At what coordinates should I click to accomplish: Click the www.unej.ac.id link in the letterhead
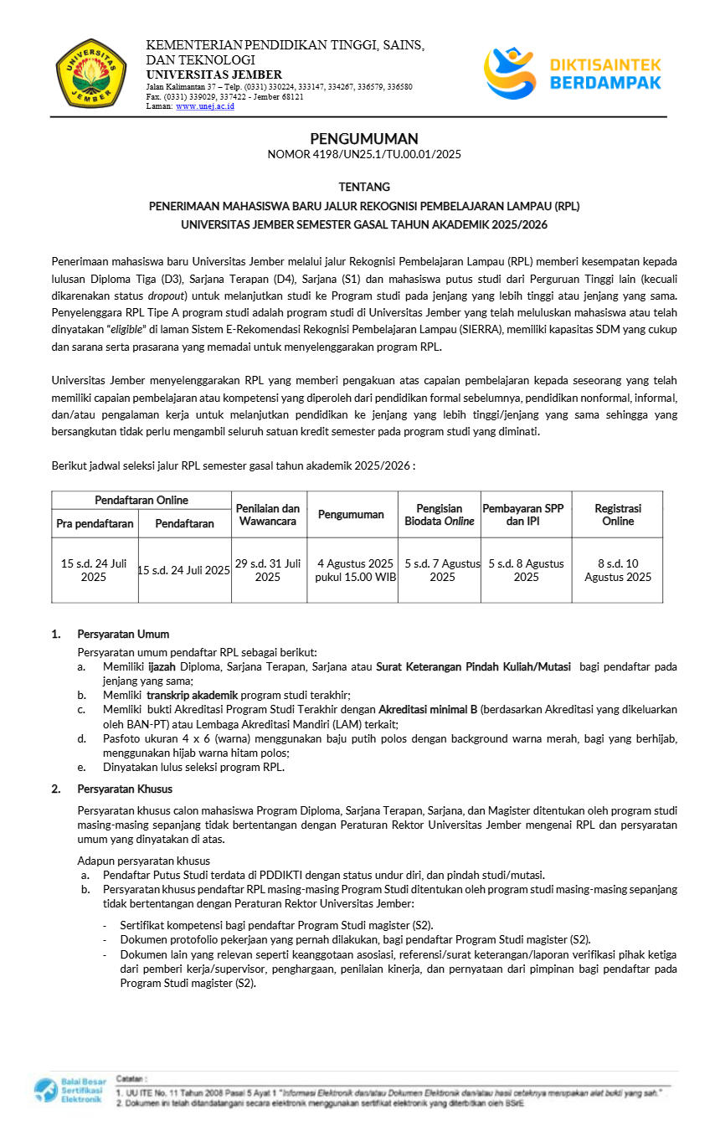(x=205, y=106)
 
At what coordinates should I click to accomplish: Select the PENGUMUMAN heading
(x=364, y=139)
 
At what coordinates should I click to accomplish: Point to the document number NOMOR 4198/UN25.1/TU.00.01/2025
(x=364, y=154)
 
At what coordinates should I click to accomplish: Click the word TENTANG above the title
(x=364, y=187)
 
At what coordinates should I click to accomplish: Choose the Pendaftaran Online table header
(x=141, y=500)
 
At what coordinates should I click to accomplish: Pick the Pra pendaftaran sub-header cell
(x=95, y=524)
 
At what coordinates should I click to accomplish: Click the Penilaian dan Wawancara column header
(x=269, y=515)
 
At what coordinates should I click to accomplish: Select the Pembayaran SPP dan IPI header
(x=526, y=515)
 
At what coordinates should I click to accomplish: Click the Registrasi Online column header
(x=618, y=515)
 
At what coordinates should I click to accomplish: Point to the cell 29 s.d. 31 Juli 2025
(x=269, y=570)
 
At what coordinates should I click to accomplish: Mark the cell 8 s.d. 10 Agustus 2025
(x=618, y=570)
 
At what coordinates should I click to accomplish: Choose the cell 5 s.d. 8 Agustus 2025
(x=526, y=570)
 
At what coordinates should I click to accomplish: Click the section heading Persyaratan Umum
(x=123, y=634)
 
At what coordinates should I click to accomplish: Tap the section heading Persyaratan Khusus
(x=125, y=789)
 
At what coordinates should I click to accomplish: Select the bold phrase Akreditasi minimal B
(x=428, y=709)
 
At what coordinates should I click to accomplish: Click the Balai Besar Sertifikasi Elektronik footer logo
(x=68, y=1091)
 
